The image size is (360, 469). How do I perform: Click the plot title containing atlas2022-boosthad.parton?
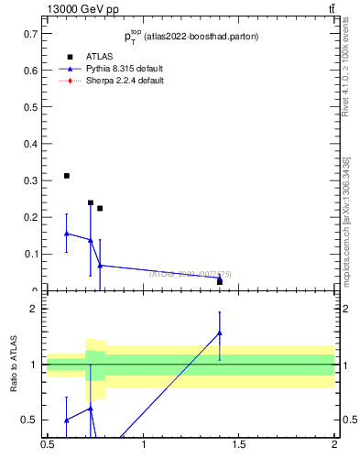(x=191, y=37)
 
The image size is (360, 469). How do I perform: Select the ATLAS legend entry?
(x=99, y=57)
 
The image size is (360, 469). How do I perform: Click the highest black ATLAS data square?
(x=67, y=175)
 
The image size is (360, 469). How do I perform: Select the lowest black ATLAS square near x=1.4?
(x=220, y=281)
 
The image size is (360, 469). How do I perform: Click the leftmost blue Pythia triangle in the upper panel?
(x=67, y=234)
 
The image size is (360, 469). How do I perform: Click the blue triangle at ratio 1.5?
(x=220, y=333)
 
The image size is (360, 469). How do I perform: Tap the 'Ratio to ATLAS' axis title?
(x=14, y=364)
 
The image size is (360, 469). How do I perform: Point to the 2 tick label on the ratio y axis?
(x=33, y=309)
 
